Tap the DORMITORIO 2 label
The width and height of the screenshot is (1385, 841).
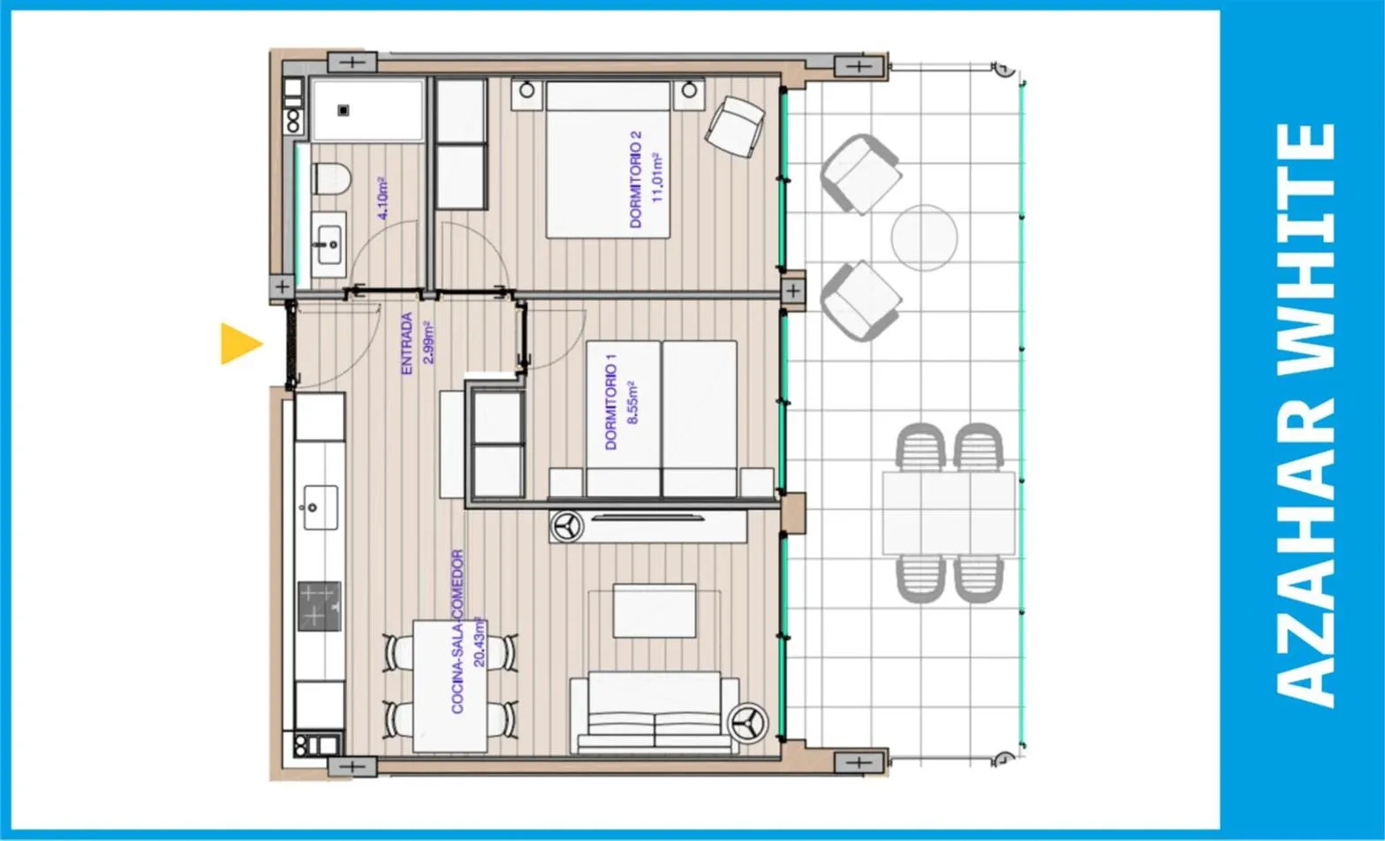(x=636, y=179)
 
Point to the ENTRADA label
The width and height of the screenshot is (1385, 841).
(x=406, y=343)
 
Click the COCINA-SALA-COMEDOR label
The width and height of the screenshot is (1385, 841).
(x=458, y=632)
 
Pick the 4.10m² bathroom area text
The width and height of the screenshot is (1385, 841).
(x=383, y=199)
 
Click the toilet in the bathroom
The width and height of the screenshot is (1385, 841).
(x=332, y=178)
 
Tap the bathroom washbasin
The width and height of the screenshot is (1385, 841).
(x=329, y=245)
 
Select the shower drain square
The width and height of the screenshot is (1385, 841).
(x=344, y=110)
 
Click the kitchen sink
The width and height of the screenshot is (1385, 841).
(x=321, y=508)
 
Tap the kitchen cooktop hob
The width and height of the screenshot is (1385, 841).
(x=320, y=606)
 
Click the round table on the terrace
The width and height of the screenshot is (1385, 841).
(x=924, y=239)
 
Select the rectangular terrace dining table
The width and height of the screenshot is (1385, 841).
(x=949, y=512)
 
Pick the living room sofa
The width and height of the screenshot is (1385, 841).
(x=655, y=712)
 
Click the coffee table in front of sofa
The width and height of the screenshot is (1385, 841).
(x=655, y=610)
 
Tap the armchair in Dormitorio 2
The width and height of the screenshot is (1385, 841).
(x=735, y=127)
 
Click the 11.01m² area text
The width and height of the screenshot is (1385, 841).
(x=657, y=178)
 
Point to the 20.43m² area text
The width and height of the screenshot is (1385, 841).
(x=480, y=642)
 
